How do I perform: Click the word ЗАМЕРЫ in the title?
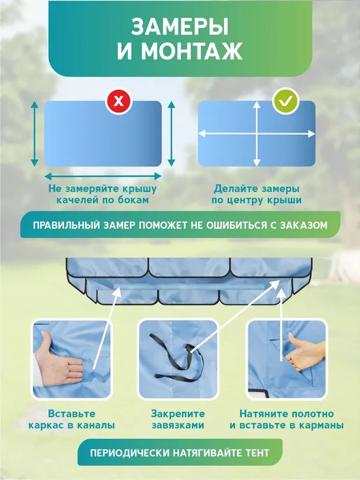tap(180, 27)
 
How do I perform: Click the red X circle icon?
tap(119, 100)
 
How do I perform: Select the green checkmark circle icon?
tap(285, 100)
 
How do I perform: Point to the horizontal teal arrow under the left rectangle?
tap(103, 176)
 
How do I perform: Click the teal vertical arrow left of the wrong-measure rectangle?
tap(35, 134)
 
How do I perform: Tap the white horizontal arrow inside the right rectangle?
tap(257, 134)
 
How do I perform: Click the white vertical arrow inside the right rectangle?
tap(257, 134)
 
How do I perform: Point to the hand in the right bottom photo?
tap(306, 352)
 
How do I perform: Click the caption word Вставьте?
tap(72, 414)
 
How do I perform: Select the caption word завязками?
tap(178, 426)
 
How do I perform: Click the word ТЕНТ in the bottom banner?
tap(257, 453)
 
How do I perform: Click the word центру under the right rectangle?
tap(250, 200)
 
